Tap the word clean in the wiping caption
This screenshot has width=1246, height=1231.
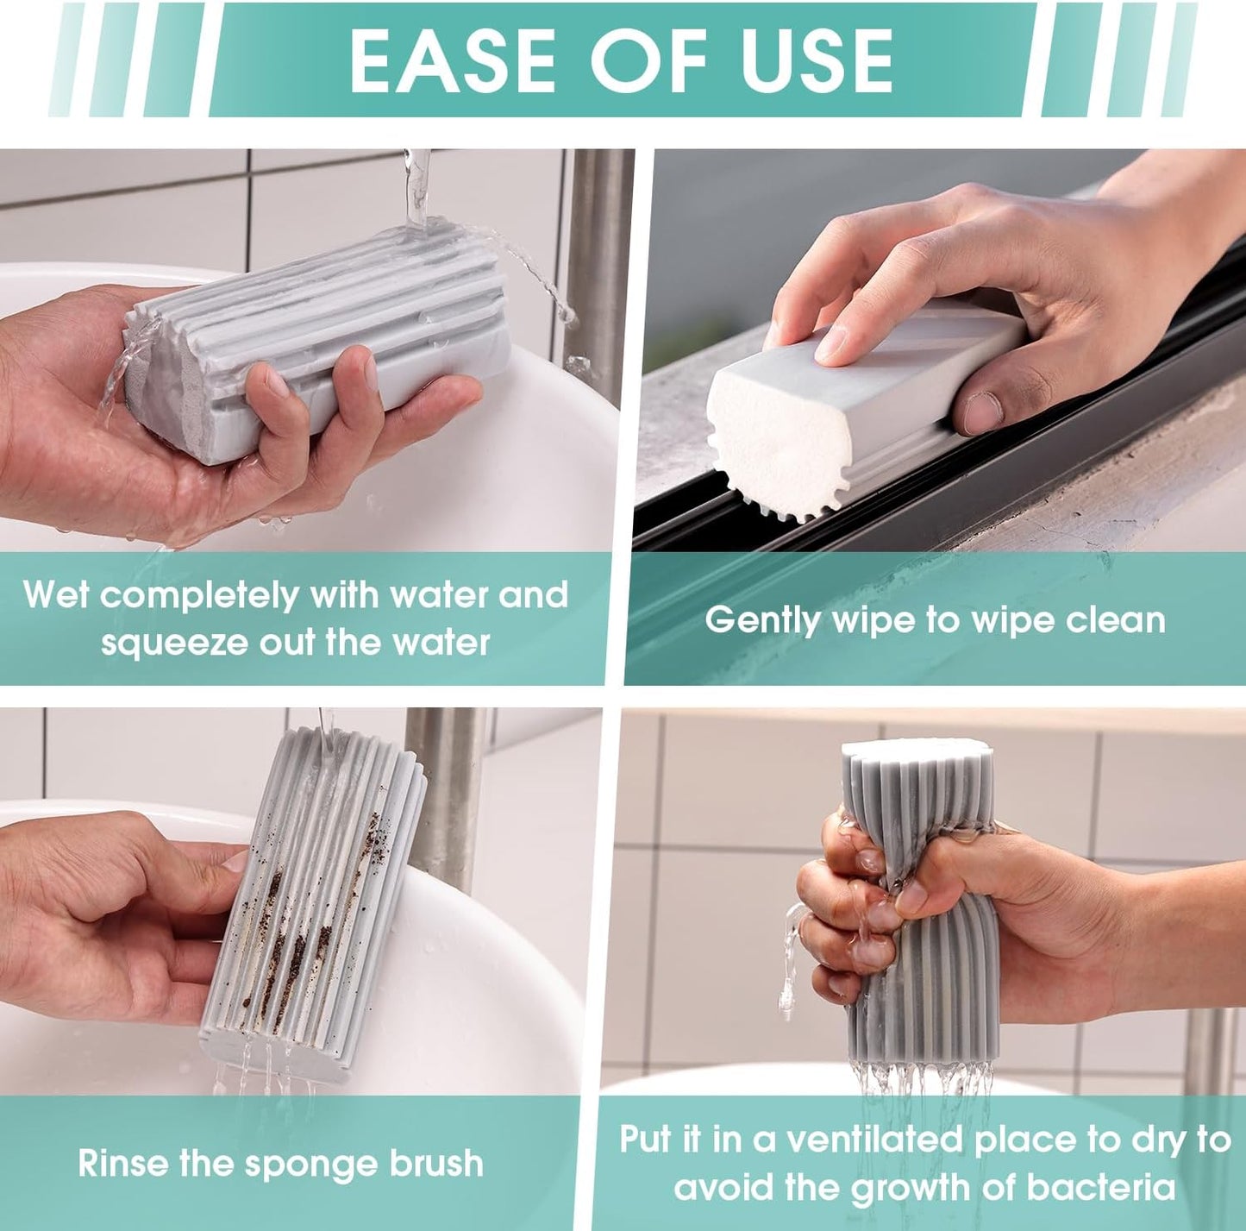(x=1116, y=620)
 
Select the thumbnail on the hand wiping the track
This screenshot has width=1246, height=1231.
(x=982, y=412)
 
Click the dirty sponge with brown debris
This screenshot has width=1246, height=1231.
(x=315, y=897)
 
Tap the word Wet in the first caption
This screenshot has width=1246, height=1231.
(x=55, y=595)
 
